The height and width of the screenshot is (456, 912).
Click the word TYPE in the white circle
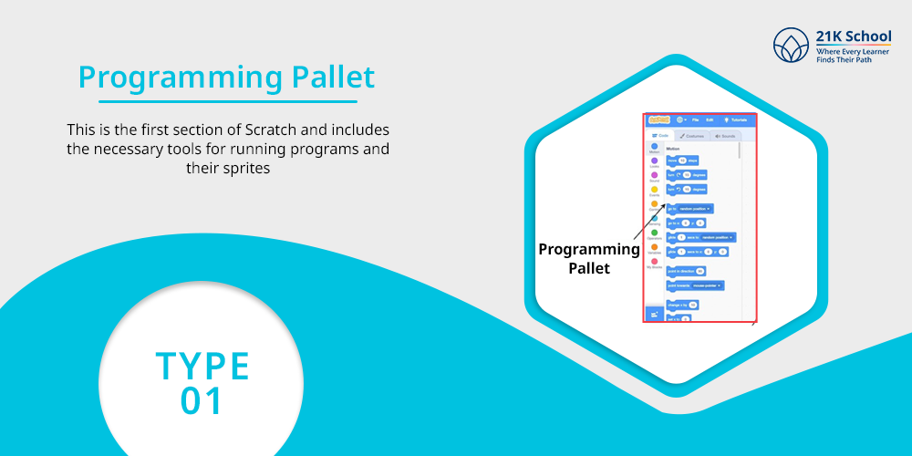click(x=202, y=366)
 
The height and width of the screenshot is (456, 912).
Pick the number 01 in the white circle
click(x=202, y=401)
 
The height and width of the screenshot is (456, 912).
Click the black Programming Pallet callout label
click(x=589, y=258)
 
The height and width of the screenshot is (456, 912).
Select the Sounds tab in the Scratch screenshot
click(x=725, y=136)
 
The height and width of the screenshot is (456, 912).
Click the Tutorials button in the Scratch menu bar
click(x=736, y=119)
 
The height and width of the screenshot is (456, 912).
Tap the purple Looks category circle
click(x=655, y=161)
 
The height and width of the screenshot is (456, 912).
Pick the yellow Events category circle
click(x=655, y=190)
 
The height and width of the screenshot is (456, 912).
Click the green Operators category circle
click(x=655, y=233)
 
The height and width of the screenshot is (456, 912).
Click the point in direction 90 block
click(x=687, y=271)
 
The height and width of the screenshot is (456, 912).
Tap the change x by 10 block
click(x=682, y=304)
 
